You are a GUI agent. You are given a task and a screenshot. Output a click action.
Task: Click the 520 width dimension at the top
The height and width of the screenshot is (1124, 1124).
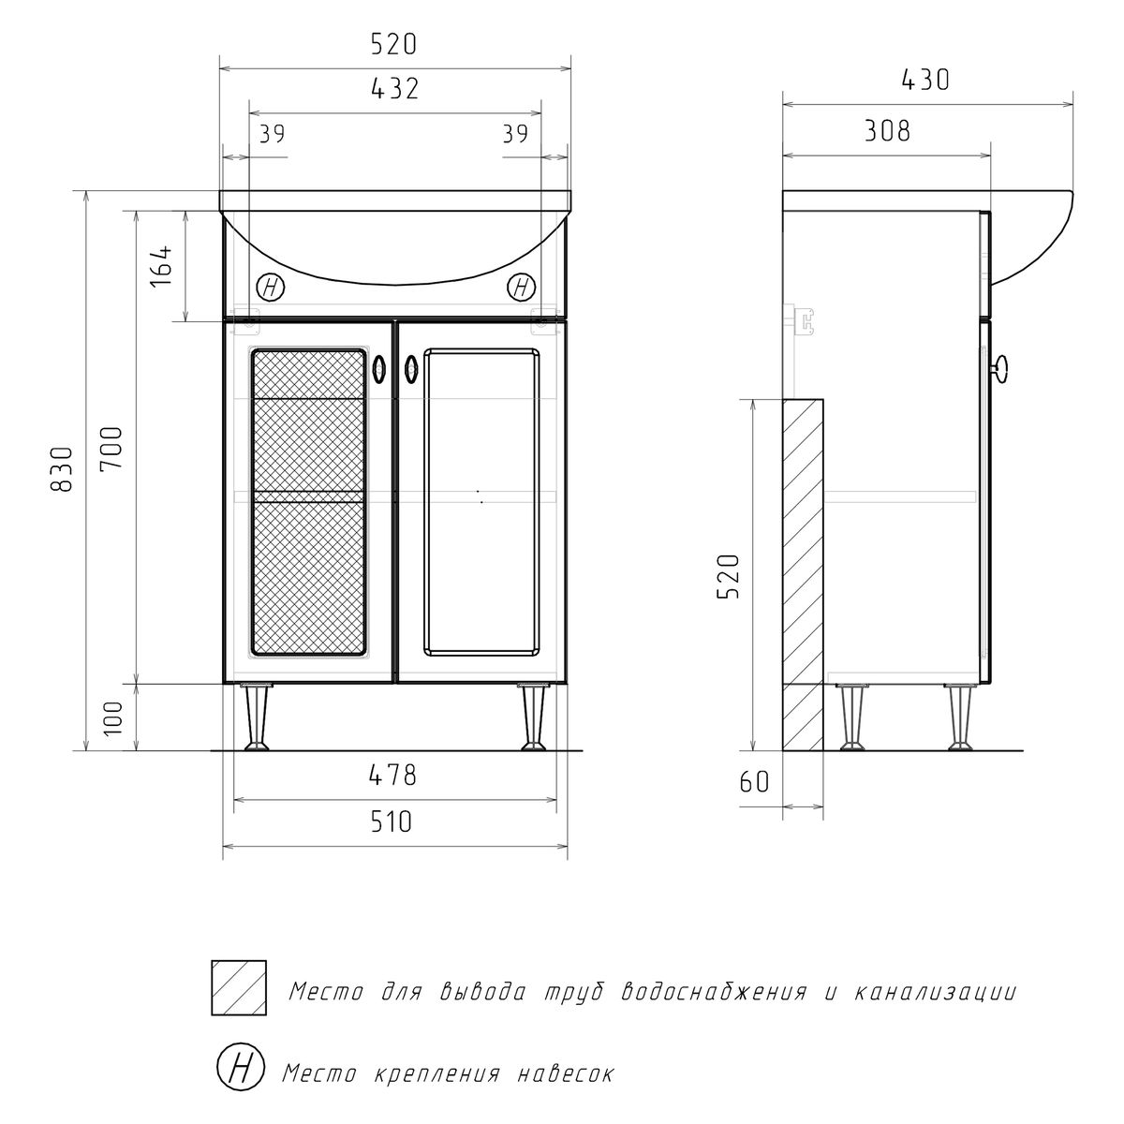click(394, 45)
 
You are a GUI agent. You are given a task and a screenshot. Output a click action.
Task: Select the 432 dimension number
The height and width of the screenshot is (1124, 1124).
click(395, 89)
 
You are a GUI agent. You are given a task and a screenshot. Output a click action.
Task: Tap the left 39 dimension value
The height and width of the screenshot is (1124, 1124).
click(273, 134)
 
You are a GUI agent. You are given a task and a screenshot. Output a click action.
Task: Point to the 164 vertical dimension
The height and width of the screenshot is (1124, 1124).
click(161, 266)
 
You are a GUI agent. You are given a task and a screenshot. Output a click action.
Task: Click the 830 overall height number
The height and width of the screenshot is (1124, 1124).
click(62, 469)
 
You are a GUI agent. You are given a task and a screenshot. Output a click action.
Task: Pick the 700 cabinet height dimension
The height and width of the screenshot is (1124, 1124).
click(111, 448)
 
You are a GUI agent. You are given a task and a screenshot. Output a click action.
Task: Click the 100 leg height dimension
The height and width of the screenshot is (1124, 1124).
click(112, 718)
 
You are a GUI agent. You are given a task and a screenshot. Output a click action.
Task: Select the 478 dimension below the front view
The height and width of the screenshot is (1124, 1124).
click(392, 776)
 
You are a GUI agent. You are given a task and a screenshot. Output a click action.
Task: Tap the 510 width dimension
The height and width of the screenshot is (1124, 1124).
click(392, 821)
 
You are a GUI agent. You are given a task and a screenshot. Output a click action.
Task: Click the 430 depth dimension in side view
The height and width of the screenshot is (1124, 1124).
click(925, 80)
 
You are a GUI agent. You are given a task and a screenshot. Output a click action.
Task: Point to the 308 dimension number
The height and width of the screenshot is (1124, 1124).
click(887, 130)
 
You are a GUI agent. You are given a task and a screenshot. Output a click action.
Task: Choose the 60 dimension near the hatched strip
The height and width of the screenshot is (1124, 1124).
click(754, 781)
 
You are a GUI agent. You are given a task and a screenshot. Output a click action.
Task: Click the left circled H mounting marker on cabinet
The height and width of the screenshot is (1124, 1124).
click(271, 288)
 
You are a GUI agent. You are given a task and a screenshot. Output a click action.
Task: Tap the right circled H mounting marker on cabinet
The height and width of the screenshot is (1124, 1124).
click(522, 287)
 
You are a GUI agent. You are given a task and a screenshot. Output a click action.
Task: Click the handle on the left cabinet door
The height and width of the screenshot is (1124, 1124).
click(378, 370)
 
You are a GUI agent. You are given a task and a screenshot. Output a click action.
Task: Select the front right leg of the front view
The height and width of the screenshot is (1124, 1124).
click(532, 718)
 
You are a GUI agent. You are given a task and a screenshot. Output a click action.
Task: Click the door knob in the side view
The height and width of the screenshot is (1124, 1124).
click(1000, 369)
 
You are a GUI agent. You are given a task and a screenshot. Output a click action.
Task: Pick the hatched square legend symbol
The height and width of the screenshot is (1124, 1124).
click(239, 988)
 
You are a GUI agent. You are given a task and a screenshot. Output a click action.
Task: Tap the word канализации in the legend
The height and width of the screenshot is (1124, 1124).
click(936, 992)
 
